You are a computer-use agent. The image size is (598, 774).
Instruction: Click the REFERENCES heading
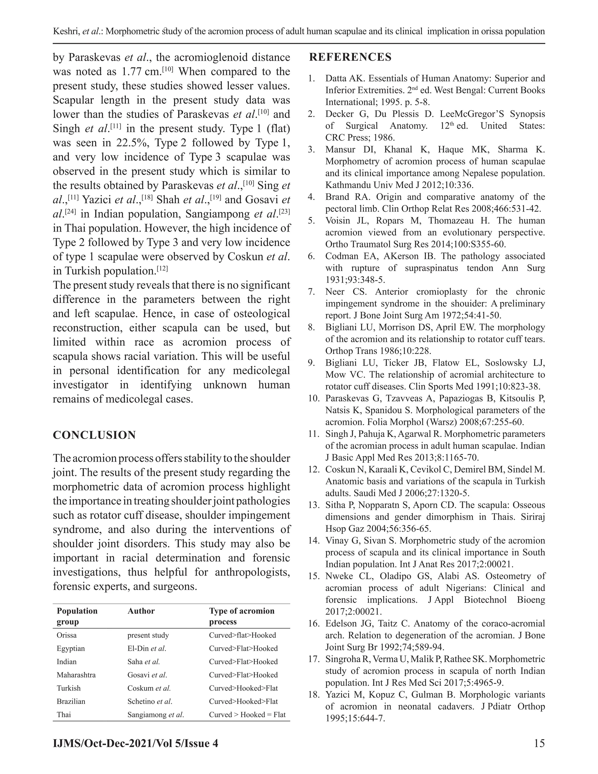coord(350,57)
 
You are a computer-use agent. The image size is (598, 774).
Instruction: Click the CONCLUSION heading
coord(94,435)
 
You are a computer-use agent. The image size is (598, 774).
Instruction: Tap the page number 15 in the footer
coord(539,743)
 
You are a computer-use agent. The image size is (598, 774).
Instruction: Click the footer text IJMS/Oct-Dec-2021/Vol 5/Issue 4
coord(135,743)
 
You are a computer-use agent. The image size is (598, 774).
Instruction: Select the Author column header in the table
coord(141,611)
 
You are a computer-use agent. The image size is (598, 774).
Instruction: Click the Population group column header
coord(77,616)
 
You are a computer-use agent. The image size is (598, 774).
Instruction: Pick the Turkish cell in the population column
coord(69,688)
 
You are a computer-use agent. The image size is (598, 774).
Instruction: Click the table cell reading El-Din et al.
coord(147,648)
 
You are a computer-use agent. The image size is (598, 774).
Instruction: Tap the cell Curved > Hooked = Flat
coord(247,714)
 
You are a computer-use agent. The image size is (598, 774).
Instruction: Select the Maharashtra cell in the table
coord(76,675)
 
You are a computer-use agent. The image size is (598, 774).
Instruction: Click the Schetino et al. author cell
coord(150,701)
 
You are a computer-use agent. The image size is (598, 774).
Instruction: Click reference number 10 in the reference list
coord(314,398)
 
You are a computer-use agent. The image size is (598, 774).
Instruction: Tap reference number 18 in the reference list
coord(314,694)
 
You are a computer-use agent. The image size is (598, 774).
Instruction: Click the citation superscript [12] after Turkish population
coord(162,269)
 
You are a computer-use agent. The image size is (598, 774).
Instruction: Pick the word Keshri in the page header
coord(66,32)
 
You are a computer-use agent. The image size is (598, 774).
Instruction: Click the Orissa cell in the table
coord(67,635)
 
